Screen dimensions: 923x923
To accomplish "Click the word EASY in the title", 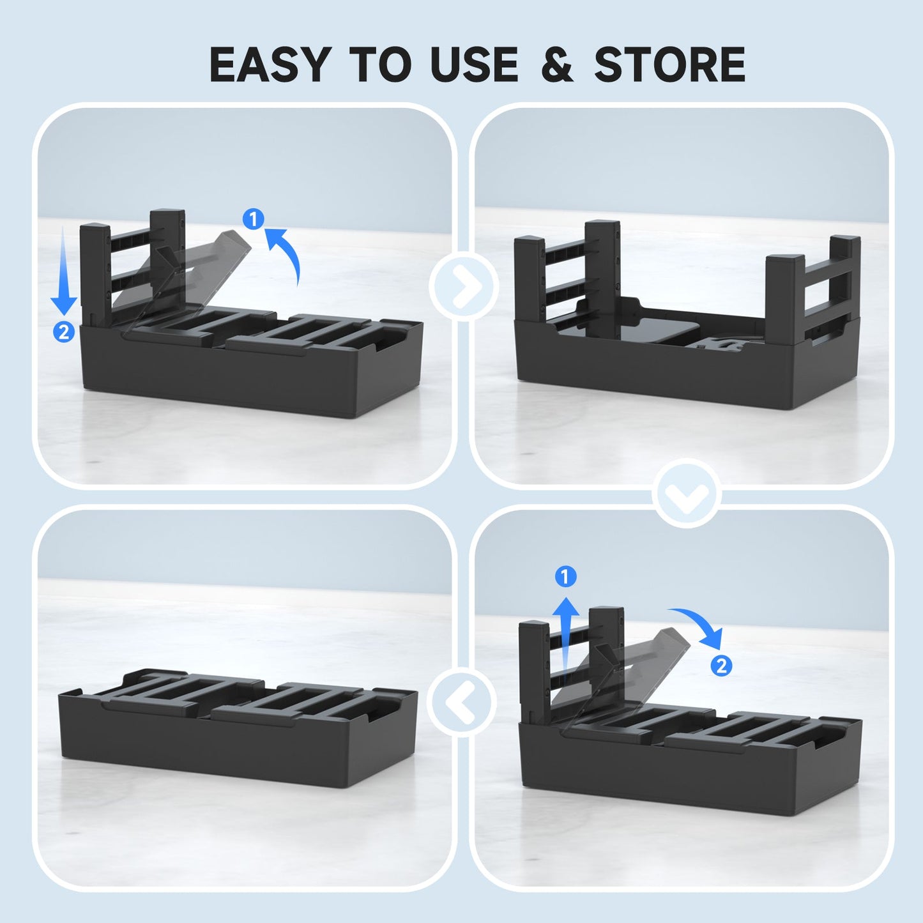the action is point(270,64).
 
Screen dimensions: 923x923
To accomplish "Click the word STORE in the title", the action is point(669,64).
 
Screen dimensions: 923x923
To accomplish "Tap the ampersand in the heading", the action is point(558,64).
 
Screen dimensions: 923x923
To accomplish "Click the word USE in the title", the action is point(475,64).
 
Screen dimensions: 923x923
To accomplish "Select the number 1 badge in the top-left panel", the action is point(254,219).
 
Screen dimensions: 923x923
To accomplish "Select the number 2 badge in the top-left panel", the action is point(64,332).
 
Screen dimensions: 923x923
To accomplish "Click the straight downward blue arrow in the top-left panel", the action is point(64,271).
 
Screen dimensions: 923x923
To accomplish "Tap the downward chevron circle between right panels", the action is point(687,493).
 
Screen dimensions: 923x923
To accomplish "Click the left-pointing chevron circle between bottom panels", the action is point(461,701).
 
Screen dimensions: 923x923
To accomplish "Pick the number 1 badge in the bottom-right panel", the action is point(565,576).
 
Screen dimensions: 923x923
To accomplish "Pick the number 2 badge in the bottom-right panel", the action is point(721,666).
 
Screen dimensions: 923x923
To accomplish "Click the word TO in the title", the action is point(381,64).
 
